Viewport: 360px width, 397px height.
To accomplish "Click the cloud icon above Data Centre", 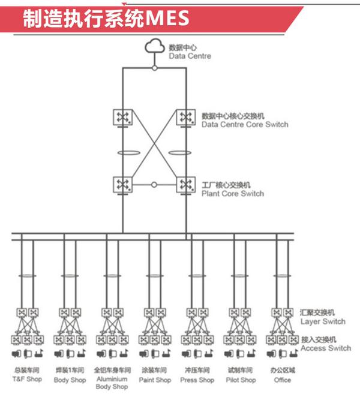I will click(x=155, y=47).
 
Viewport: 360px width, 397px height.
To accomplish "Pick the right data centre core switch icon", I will click(x=185, y=116).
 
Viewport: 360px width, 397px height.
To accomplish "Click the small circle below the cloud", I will click(x=155, y=68).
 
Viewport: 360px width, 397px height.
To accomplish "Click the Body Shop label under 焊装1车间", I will click(x=70, y=380).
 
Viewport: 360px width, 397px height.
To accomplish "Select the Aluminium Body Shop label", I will click(x=111, y=383).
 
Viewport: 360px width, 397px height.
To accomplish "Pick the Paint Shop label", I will click(x=155, y=380).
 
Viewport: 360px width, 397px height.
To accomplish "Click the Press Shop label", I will click(x=197, y=380).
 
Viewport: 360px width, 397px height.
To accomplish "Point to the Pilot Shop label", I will click(x=240, y=380).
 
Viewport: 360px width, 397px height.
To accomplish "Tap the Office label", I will click(x=282, y=380).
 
